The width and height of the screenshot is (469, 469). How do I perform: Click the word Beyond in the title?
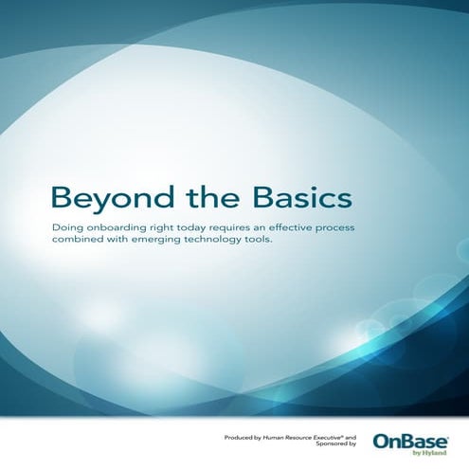99,200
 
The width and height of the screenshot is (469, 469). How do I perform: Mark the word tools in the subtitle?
286,244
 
